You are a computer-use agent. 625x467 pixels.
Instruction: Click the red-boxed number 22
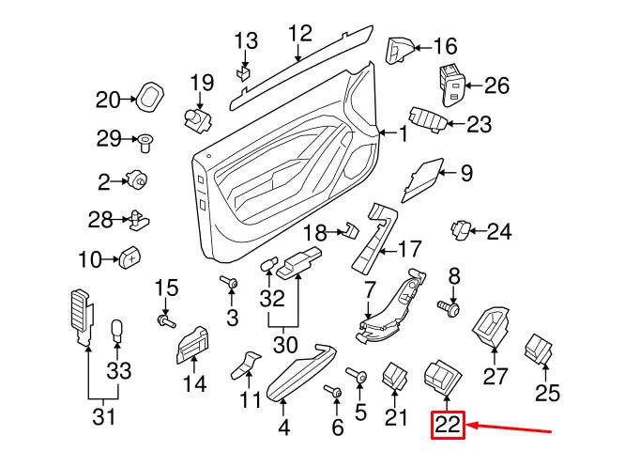point(449,426)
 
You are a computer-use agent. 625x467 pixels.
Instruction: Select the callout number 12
point(299,35)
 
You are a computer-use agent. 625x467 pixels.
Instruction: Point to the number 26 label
point(495,86)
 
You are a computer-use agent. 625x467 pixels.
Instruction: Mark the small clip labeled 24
point(463,227)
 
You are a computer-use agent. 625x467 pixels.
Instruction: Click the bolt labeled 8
point(451,307)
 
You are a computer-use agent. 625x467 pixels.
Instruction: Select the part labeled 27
point(492,326)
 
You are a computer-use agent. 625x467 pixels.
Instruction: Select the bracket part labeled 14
point(191,347)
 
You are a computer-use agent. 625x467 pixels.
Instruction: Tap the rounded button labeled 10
point(130,257)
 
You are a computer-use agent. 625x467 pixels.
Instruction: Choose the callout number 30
point(283,345)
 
